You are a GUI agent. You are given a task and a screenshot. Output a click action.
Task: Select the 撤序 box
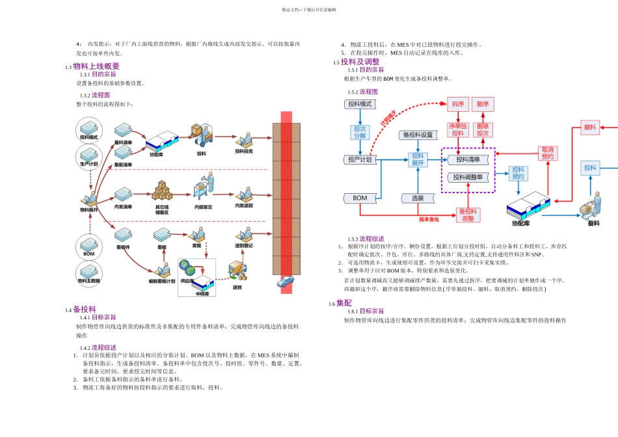(482, 104)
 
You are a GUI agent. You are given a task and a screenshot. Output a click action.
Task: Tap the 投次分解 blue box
(360, 132)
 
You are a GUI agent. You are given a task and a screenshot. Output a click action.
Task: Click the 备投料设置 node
(418, 135)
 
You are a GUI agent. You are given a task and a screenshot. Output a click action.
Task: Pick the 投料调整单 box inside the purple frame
(468, 177)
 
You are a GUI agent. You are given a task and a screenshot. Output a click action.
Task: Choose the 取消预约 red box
(548, 153)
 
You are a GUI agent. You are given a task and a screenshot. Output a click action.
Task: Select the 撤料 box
(590, 127)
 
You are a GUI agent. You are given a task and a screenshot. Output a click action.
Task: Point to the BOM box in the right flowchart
(360, 198)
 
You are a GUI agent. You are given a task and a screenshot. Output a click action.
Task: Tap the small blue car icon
(285, 282)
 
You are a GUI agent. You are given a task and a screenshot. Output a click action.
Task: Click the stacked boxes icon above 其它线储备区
(162, 189)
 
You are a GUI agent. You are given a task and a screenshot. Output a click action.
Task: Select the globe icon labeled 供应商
(187, 267)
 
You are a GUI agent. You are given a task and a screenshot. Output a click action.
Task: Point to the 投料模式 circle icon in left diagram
(88, 128)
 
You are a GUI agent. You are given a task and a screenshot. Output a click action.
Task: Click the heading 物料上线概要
(96, 66)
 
